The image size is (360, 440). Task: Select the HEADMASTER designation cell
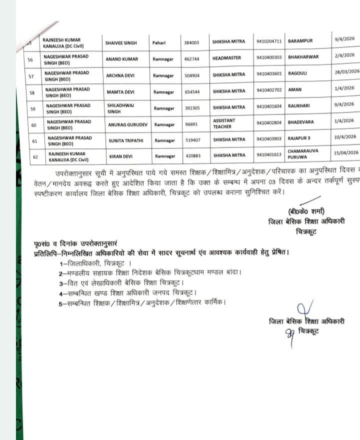click(x=226, y=57)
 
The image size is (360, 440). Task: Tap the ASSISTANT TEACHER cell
click(x=224, y=123)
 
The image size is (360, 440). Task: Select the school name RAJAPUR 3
click(x=299, y=137)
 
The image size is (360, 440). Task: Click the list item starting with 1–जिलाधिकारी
click(x=95, y=263)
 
